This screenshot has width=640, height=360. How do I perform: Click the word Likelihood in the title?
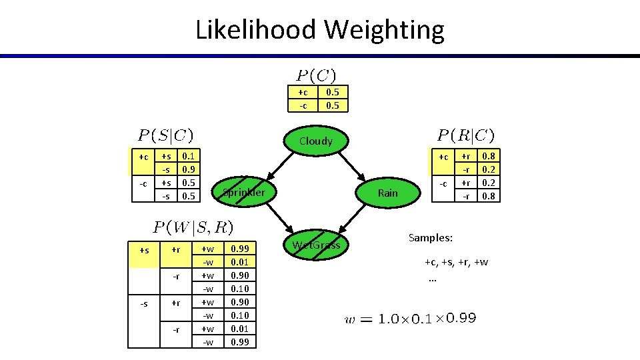click(255, 30)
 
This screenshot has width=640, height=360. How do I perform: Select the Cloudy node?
click(315, 141)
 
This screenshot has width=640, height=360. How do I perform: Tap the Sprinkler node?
click(243, 193)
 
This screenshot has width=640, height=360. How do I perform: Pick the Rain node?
click(387, 193)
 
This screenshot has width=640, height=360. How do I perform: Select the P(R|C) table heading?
click(465, 135)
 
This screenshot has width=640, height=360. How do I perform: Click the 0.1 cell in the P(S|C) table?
click(189, 156)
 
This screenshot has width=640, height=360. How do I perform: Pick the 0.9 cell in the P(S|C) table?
click(189, 169)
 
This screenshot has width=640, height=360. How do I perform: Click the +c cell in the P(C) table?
click(303, 93)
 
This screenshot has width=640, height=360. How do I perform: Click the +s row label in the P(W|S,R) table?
click(144, 249)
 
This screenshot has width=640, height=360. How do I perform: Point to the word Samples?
click(430, 238)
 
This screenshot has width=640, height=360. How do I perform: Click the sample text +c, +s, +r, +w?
click(456, 262)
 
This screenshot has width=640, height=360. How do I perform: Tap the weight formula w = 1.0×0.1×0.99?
click(410, 319)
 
